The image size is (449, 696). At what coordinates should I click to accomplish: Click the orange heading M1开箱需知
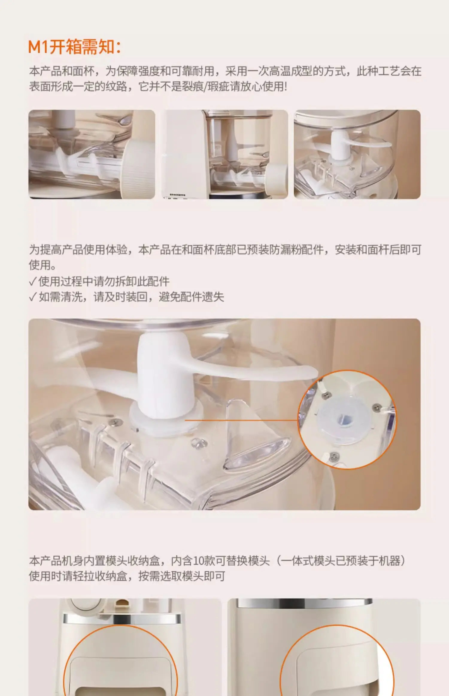pyautogui.click(x=74, y=47)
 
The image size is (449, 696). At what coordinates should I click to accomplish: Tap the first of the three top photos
pyautogui.click(x=92, y=154)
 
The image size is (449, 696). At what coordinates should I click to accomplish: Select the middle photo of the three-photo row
pyautogui.click(x=224, y=154)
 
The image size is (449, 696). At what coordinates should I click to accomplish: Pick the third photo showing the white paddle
pyautogui.click(x=357, y=154)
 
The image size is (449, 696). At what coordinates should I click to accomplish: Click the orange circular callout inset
pyautogui.click(x=347, y=420)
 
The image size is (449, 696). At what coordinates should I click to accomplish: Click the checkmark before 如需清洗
pyautogui.click(x=33, y=297)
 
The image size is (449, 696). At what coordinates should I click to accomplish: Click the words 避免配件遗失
pyautogui.click(x=191, y=297)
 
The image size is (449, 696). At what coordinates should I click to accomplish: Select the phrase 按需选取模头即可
pyautogui.click(x=182, y=576)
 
